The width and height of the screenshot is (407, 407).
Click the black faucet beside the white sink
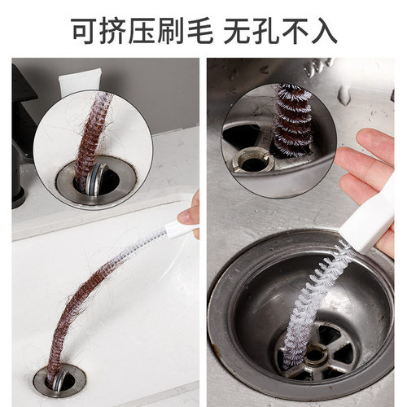23,138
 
